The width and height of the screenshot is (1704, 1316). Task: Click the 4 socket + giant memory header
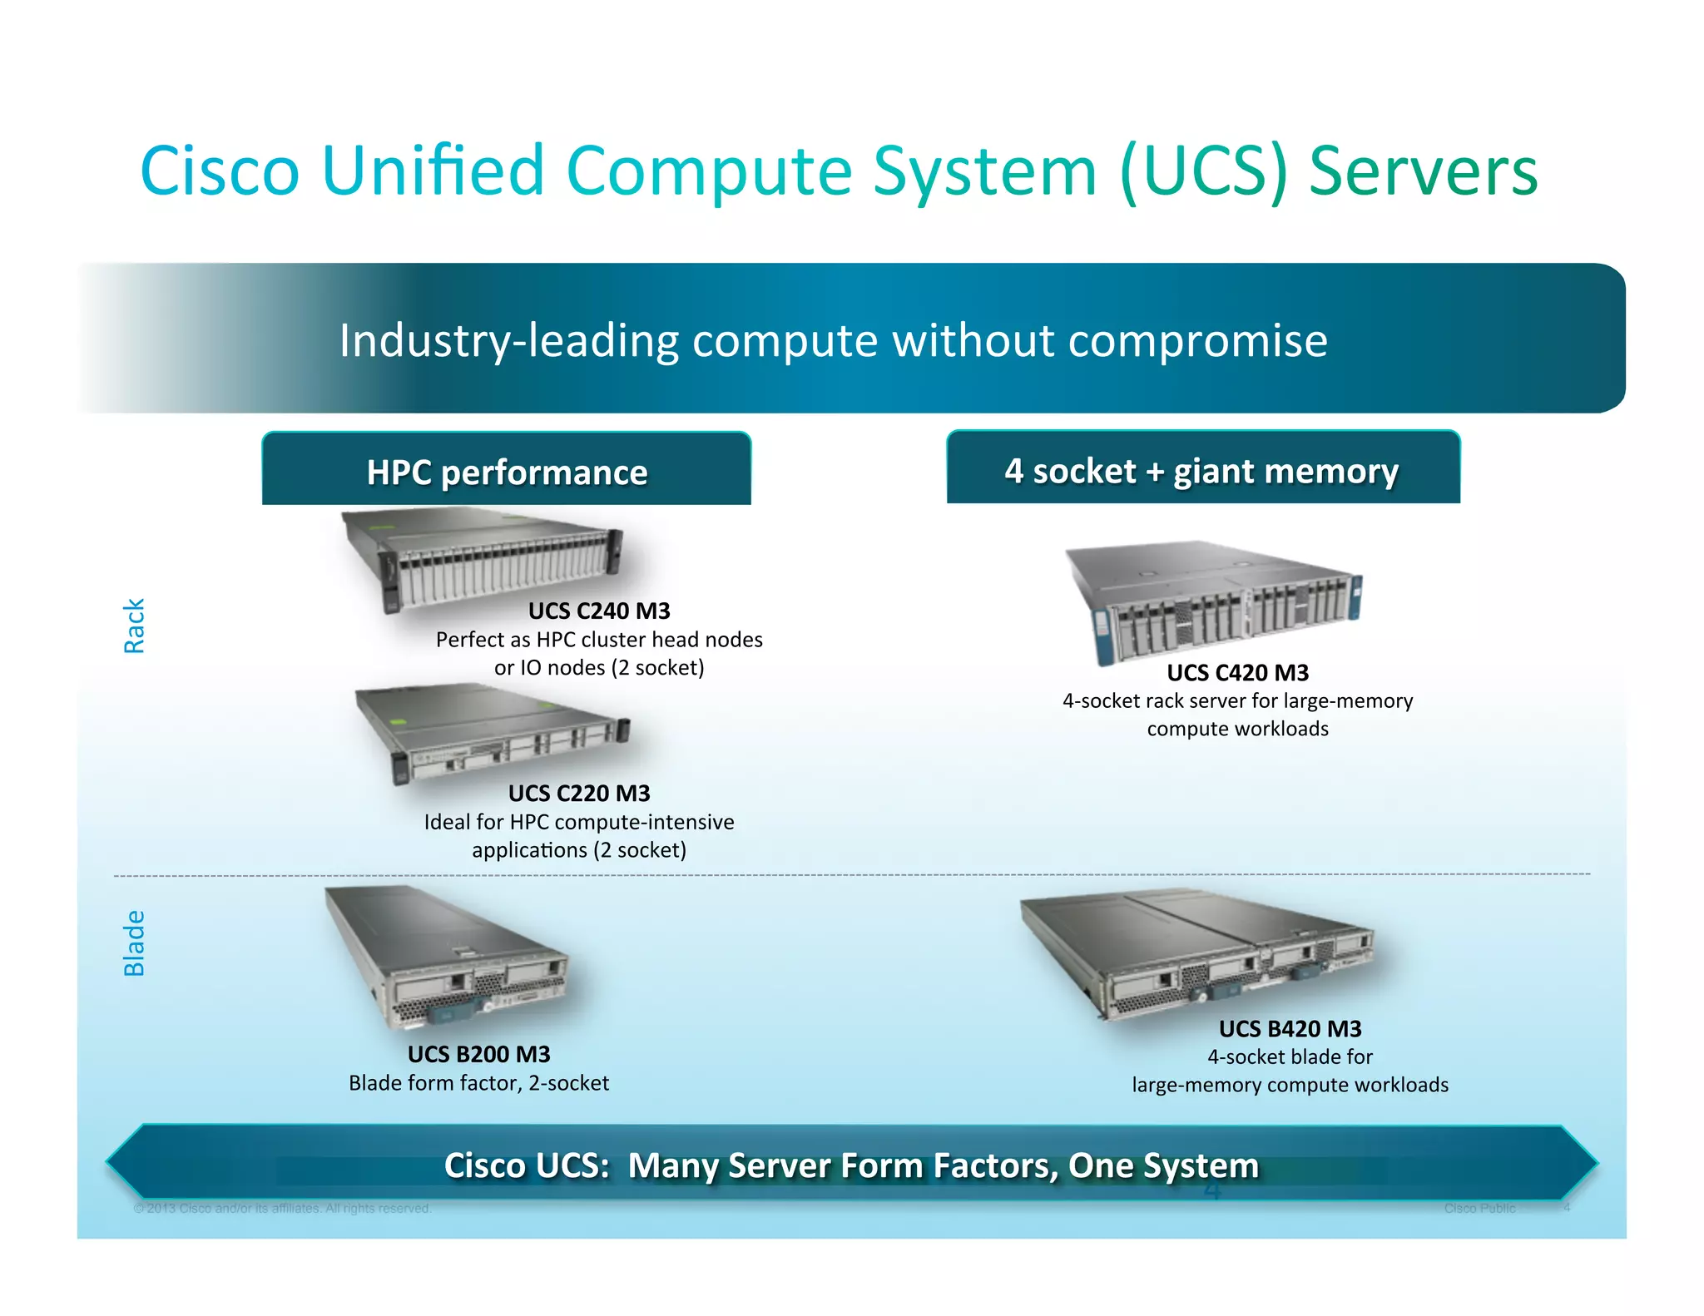coord(1202,469)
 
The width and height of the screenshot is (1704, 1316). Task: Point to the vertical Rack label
coord(134,626)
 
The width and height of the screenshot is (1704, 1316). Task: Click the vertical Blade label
coord(134,942)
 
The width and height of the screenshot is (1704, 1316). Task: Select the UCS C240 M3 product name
coord(599,611)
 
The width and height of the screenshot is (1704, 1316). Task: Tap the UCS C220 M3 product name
coord(579,793)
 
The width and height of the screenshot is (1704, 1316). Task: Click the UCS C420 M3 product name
coord(1237,672)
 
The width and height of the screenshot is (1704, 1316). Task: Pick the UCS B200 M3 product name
coord(478,1054)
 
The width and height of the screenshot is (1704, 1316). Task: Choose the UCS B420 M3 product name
coord(1290,1028)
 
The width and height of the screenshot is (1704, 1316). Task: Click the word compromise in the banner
coord(1197,340)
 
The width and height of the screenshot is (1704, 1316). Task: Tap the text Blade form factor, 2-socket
coord(478,1083)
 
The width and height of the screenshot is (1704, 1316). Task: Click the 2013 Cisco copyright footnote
coord(283,1208)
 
